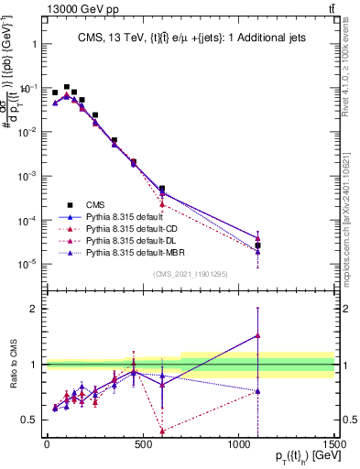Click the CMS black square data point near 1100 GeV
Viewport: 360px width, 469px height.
click(x=257, y=245)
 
